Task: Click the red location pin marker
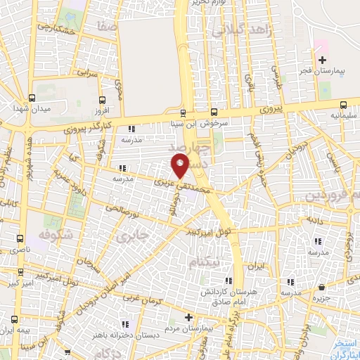coord(181,167)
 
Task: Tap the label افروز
coord(103,110)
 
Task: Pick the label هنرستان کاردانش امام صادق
coord(224,295)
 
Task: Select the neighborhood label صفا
coord(107,26)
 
